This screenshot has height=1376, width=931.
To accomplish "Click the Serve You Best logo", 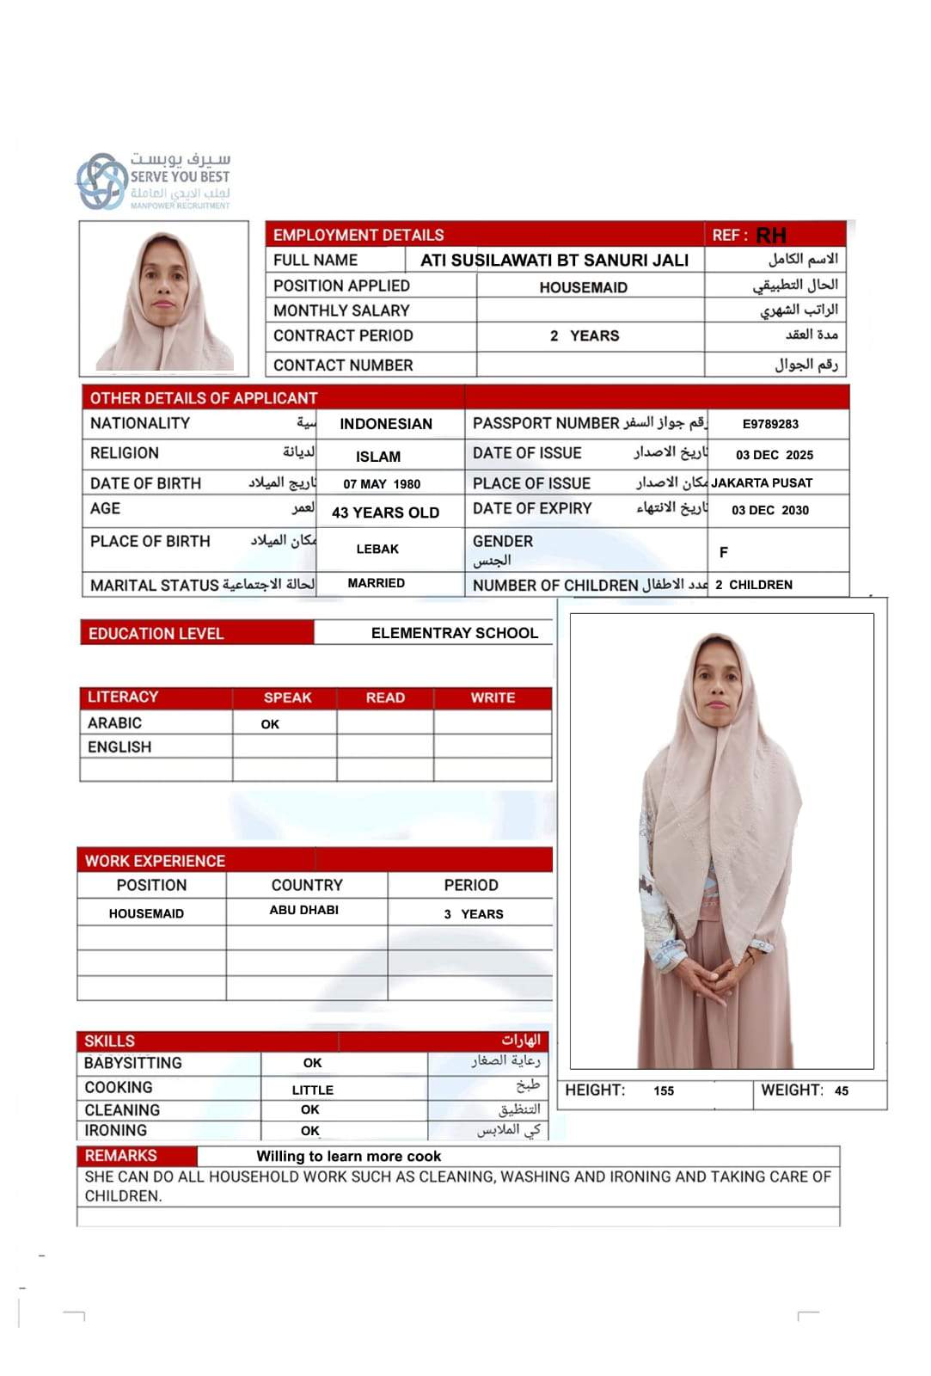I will tap(154, 181).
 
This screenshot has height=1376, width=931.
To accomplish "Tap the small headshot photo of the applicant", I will tap(163, 299).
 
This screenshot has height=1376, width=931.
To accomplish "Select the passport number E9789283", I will tap(770, 424).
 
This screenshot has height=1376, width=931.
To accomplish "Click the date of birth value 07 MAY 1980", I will tap(382, 484).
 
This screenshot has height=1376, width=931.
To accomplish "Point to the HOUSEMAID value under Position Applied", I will tap(583, 287).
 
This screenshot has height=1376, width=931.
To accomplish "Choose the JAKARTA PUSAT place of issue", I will tap(762, 483).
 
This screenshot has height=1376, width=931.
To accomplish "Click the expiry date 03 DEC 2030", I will tap(770, 510).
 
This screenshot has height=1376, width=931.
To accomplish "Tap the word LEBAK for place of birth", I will tap(377, 549).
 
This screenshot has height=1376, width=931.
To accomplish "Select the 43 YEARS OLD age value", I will tap(385, 513).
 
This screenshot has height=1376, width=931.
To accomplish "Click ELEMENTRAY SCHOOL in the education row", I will tap(454, 633).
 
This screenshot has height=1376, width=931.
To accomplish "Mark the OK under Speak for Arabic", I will tap(270, 724).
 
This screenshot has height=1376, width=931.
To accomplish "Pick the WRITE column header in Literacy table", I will tap(493, 697).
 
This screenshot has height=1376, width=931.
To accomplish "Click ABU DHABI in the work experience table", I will tap(303, 910).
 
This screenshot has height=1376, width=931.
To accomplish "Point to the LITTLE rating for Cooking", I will tap(312, 1090).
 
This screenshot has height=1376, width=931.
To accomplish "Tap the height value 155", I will tap(664, 1090).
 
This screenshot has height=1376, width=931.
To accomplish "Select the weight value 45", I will tap(841, 1090).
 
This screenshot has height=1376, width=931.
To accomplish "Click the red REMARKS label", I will tap(120, 1155).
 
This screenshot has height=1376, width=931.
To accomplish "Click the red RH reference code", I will tap(771, 236).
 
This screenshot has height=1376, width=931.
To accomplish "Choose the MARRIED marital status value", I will tap(376, 583).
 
